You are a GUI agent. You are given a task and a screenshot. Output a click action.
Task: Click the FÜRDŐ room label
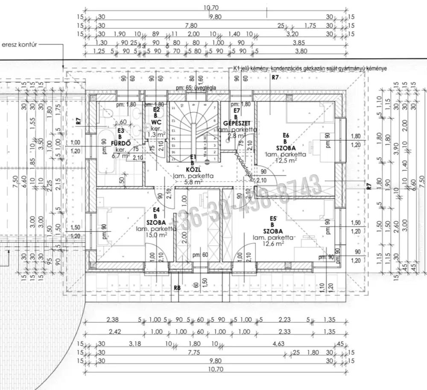(121, 144)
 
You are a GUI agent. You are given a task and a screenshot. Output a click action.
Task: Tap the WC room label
(156, 122)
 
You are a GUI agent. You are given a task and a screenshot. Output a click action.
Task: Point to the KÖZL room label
(193, 169)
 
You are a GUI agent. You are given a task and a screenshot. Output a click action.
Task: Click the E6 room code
(286, 136)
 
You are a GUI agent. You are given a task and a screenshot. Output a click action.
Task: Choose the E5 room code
(273, 219)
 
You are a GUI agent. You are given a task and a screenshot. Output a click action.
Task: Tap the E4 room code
(156, 210)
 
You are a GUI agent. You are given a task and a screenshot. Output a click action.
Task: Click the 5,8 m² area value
(193, 182)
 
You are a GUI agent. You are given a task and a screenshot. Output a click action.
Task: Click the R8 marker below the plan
(177, 288)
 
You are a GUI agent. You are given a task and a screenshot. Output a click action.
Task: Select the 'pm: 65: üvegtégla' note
(193, 88)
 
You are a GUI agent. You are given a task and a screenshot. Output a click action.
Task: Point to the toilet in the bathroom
(108, 113)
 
